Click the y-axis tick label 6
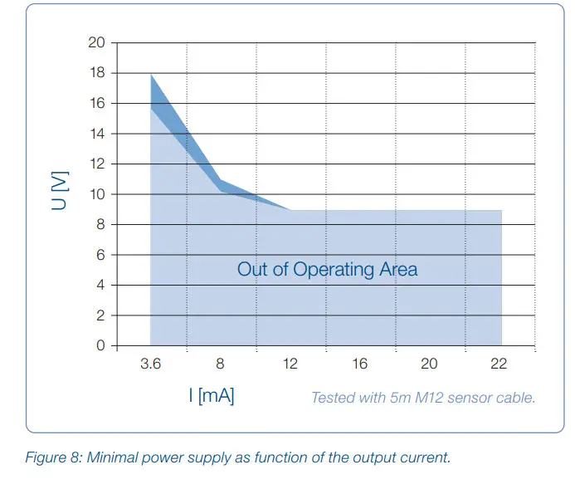click(99, 255)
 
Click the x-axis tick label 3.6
click(150, 364)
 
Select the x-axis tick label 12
click(290, 364)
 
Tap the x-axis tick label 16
click(359, 364)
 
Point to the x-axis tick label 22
click(499, 364)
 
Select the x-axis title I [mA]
click(212, 396)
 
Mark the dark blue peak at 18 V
click(151, 77)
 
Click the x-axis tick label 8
click(220, 364)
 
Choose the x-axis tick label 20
click(429, 364)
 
